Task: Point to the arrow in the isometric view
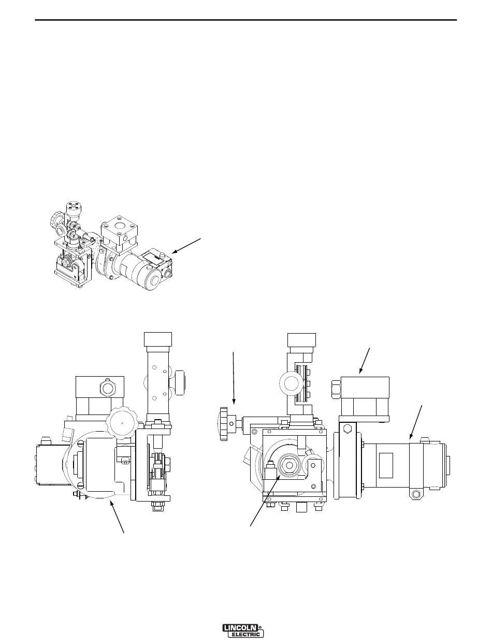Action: coord(186,246)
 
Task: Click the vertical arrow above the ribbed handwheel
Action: coord(234,378)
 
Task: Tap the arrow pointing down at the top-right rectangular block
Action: coord(365,361)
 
